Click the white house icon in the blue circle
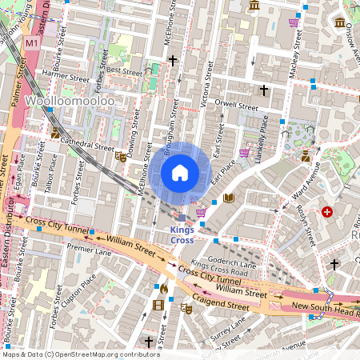click(x=180, y=173)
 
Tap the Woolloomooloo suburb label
click(x=70, y=102)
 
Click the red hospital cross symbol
click(x=326, y=212)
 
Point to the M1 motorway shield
click(x=31, y=42)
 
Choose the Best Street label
click(x=123, y=70)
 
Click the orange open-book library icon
click(x=229, y=198)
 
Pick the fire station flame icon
click(x=163, y=288)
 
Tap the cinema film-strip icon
click(x=158, y=304)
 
